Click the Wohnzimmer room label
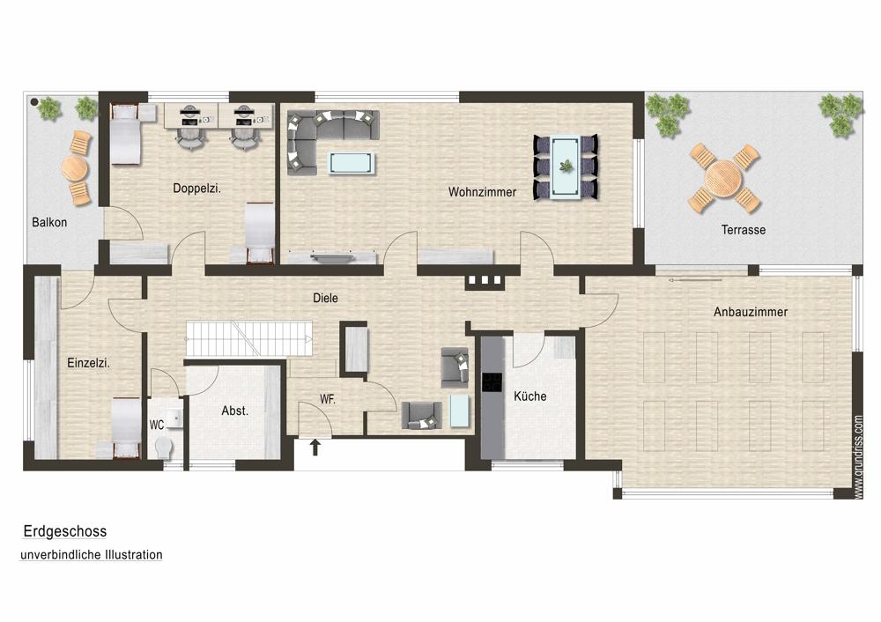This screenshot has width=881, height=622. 482,192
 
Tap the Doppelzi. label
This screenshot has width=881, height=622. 196,189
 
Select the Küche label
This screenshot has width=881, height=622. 529,396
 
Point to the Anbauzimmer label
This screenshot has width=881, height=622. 750,312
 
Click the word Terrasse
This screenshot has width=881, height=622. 744,230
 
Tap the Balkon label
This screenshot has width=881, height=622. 49,223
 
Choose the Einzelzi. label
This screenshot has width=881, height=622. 88,363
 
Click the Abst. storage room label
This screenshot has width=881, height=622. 235,411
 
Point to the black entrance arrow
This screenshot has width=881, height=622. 315,447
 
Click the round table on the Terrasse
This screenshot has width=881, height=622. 723,178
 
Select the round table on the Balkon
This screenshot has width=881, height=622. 74,167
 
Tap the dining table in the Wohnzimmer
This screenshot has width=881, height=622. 566,167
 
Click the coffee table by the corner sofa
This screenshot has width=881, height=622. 352,163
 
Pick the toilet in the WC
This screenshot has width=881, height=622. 164,449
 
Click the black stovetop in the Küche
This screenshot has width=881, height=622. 492,382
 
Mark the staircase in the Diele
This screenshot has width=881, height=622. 249,338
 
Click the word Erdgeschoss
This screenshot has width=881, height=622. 65,531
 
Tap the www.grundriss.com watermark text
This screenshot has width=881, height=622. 857,456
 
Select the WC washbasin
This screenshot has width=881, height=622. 174,418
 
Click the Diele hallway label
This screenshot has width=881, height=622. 325,298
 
